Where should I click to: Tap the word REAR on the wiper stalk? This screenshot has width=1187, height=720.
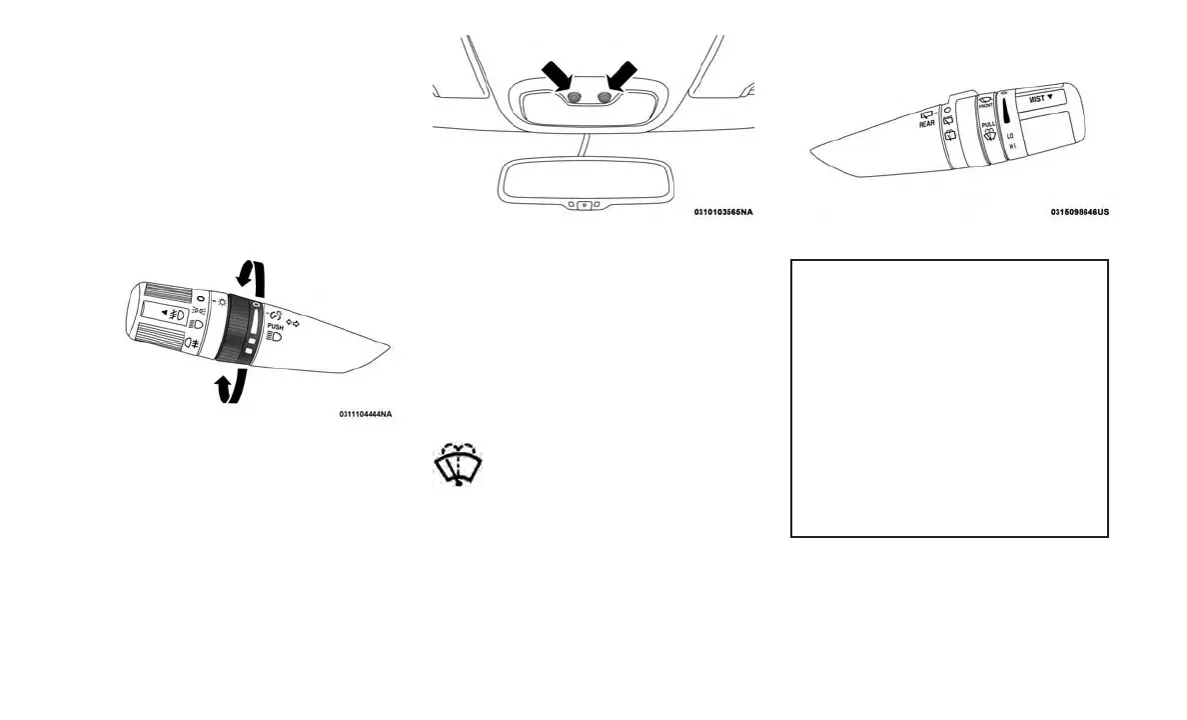(x=927, y=124)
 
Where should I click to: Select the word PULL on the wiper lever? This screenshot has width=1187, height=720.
(x=988, y=125)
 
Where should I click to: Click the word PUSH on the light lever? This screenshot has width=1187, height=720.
(x=276, y=326)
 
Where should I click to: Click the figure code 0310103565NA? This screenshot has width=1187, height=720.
(x=723, y=212)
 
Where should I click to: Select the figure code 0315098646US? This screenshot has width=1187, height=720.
(x=1079, y=212)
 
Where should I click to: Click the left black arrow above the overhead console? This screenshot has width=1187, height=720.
(x=557, y=78)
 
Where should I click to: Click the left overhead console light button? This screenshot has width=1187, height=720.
(x=575, y=98)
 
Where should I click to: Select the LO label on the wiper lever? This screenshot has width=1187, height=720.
(x=1010, y=135)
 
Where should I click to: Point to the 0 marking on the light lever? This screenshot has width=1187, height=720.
(x=200, y=298)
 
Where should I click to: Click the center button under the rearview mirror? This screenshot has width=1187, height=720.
(x=585, y=204)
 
